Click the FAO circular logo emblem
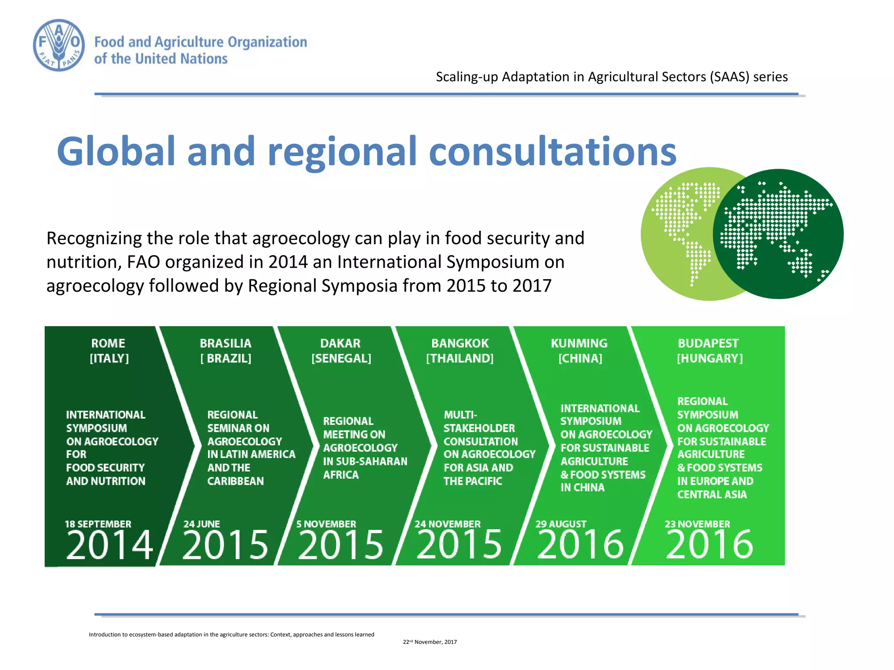click(59, 45)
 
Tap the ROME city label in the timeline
click(108, 343)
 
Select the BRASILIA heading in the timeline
click(225, 343)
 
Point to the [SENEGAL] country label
click(341, 359)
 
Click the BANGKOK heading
click(460, 343)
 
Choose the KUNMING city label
click(579, 343)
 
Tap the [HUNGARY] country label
click(709, 359)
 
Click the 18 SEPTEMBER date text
click(98, 524)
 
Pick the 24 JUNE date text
click(201, 524)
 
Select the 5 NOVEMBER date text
click(326, 524)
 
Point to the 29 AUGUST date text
click(560, 524)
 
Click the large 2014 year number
click(109, 545)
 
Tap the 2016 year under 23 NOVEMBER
click(709, 545)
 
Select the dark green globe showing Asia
click(779, 234)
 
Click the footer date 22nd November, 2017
click(430, 642)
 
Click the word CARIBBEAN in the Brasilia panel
click(235, 481)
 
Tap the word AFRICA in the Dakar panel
click(340, 475)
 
